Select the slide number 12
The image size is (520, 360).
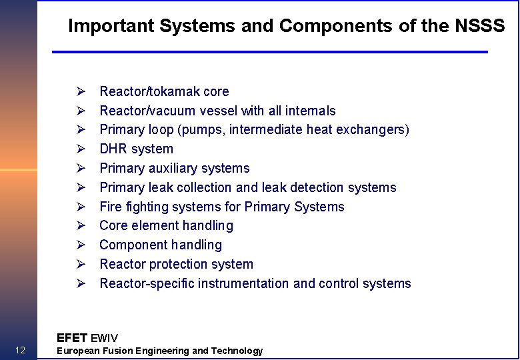click(19, 350)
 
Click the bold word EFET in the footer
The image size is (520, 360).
click(71, 338)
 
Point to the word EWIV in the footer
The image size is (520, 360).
click(104, 338)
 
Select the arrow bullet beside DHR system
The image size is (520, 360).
click(79, 149)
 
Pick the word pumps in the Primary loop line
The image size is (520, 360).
click(206, 130)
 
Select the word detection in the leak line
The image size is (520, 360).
click(311, 187)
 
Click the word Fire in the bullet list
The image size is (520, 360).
click(111, 207)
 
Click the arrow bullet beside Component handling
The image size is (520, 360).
click(79, 245)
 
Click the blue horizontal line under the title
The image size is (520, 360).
click(270, 51)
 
